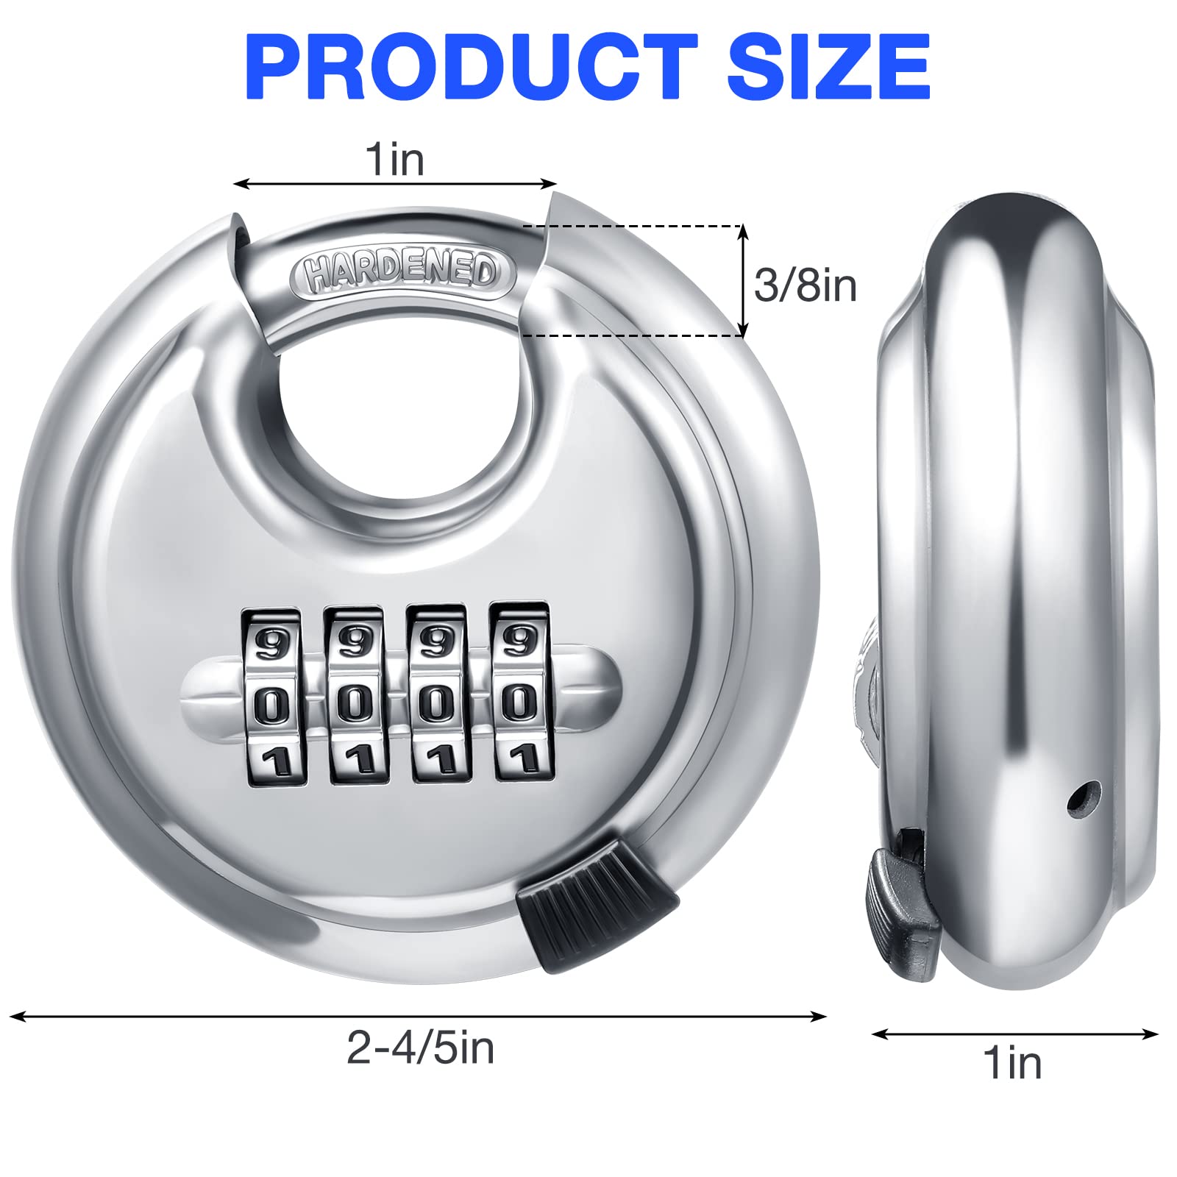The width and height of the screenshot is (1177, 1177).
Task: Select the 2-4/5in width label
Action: click(x=420, y=1048)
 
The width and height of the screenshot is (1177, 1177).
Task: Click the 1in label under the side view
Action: click(x=1013, y=1063)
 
